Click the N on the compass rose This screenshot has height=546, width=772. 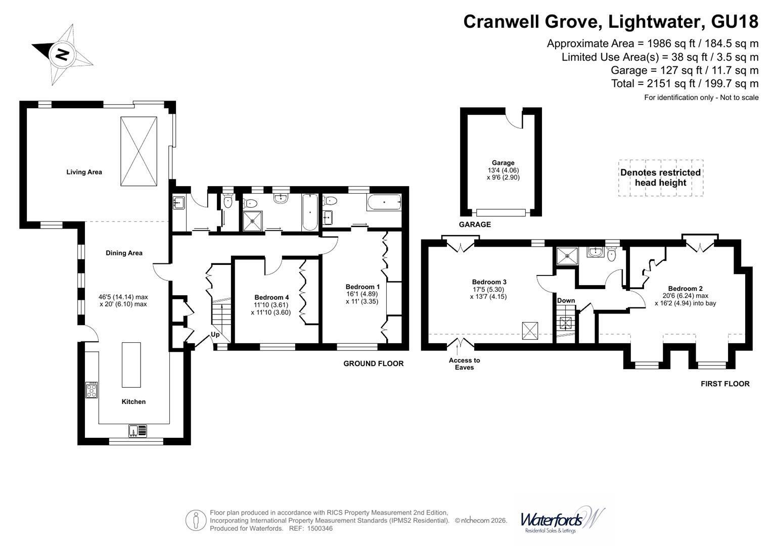[x=62, y=54]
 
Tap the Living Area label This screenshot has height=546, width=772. [x=84, y=172]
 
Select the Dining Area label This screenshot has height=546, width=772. [x=124, y=253]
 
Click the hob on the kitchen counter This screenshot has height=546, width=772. [x=92, y=390]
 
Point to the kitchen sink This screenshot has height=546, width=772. [x=138, y=431]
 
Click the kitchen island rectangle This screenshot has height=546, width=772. [x=131, y=365]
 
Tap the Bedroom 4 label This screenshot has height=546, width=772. [x=271, y=297]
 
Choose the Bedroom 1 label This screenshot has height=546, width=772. [x=362, y=287]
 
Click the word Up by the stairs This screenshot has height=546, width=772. [x=215, y=334]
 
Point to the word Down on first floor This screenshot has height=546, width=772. [x=566, y=301]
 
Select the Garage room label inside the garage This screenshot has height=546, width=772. [x=503, y=163]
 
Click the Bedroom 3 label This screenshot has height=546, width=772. [x=489, y=282]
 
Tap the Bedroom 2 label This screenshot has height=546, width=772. [x=685, y=289]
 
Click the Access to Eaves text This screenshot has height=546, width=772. [x=464, y=363]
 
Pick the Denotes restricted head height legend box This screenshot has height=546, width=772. [x=661, y=178]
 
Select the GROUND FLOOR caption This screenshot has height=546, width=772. [x=374, y=363]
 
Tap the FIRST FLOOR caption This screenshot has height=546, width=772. [x=725, y=384]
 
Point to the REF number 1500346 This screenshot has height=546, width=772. [x=320, y=528]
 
